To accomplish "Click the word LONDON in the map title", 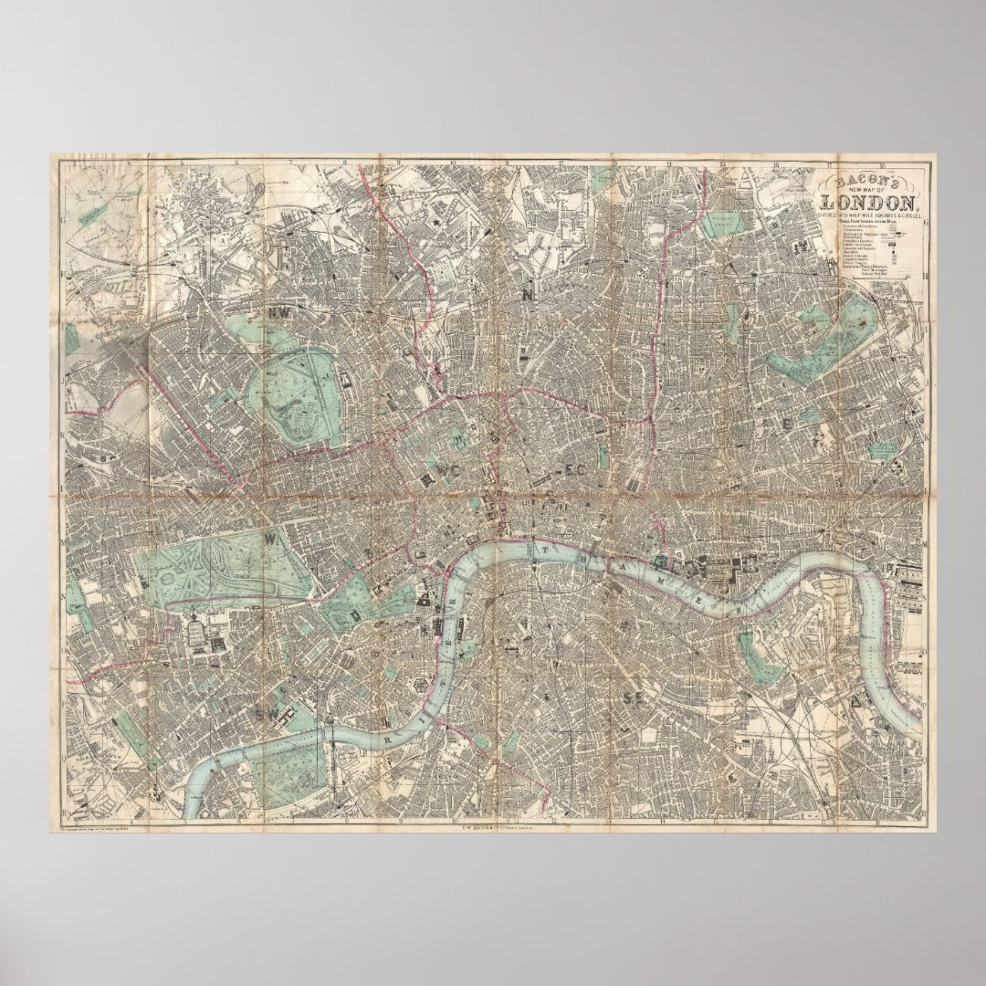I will [x=869, y=203].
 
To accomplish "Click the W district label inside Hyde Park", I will [x=270, y=540].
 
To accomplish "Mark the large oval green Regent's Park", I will [x=299, y=397].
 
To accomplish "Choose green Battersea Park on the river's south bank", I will [x=288, y=768].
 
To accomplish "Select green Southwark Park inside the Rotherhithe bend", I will [x=750, y=655].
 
